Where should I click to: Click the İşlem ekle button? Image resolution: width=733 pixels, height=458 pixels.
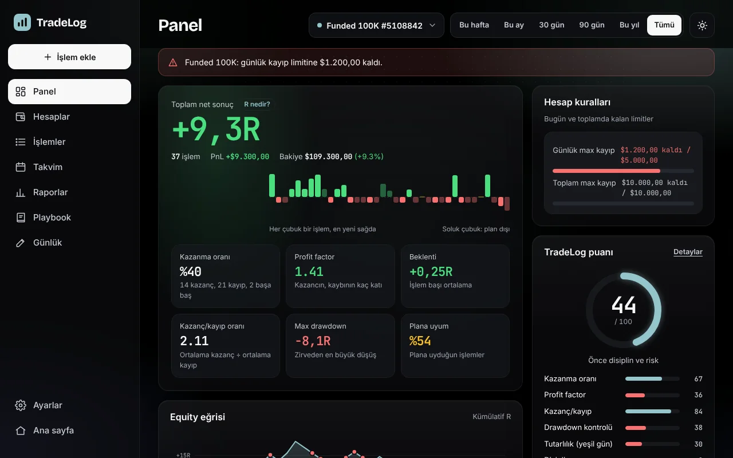point(69,57)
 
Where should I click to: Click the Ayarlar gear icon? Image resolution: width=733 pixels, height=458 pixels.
point(21,405)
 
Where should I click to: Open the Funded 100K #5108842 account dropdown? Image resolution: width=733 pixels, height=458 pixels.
point(376,25)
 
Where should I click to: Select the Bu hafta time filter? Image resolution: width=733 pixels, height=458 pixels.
point(474,25)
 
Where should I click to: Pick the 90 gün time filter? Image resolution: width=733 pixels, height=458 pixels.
point(592,25)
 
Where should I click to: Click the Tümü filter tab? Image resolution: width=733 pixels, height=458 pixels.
point(664,25)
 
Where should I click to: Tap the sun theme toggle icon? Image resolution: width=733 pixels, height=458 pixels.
point(702,25)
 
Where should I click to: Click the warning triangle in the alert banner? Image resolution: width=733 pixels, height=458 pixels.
point(173,62)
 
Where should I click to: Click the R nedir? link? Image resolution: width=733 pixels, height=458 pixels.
point(257,104)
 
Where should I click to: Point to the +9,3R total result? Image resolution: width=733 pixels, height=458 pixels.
point(216,129)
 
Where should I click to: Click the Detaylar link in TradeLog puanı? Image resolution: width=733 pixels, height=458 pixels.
point(688,252)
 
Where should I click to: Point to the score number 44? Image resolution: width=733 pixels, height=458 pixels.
point(624,305)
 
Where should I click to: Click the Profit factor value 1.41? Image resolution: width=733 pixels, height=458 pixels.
point(309,271)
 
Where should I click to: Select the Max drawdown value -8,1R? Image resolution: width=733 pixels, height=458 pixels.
point(313,341)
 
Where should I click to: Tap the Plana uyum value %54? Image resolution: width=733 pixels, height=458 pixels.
point(420,341)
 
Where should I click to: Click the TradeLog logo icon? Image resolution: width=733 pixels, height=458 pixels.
point(22,22)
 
